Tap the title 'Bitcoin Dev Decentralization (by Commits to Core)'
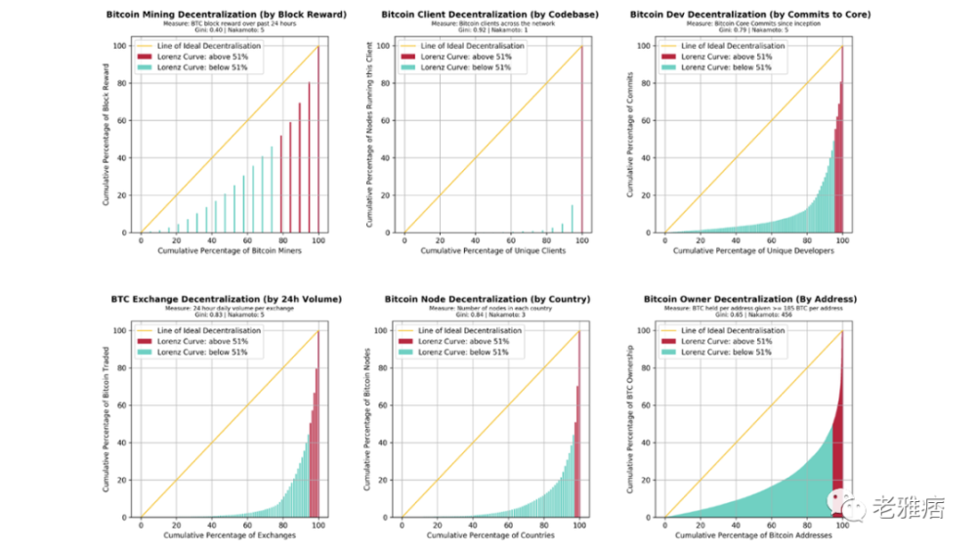click(750, 16)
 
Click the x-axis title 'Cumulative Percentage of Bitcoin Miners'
click(229, 252)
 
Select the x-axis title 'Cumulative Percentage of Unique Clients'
click(492, 252)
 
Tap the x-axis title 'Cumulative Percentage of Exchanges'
click(229, 536)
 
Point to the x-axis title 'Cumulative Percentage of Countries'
click(492, 536)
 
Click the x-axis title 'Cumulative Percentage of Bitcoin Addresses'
click(753, 536)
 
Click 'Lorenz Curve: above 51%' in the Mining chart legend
click(210, 58)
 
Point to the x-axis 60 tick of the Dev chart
click(771, 240)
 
